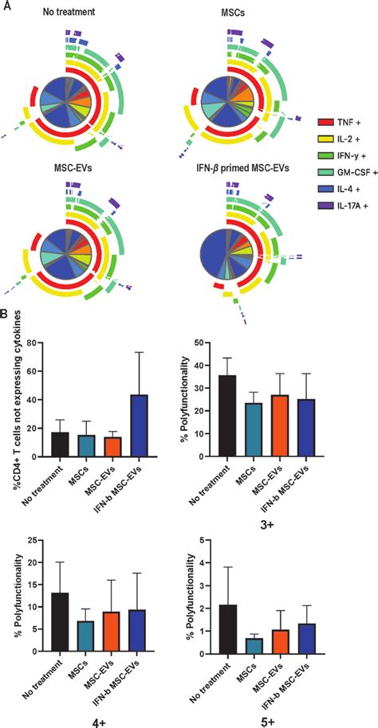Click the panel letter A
tap(7, 6)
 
